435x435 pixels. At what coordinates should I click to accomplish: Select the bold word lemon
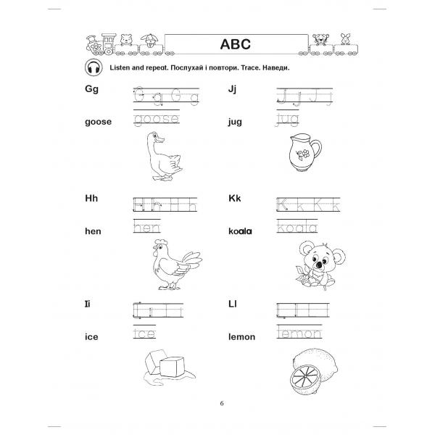click(x=244, y=337)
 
